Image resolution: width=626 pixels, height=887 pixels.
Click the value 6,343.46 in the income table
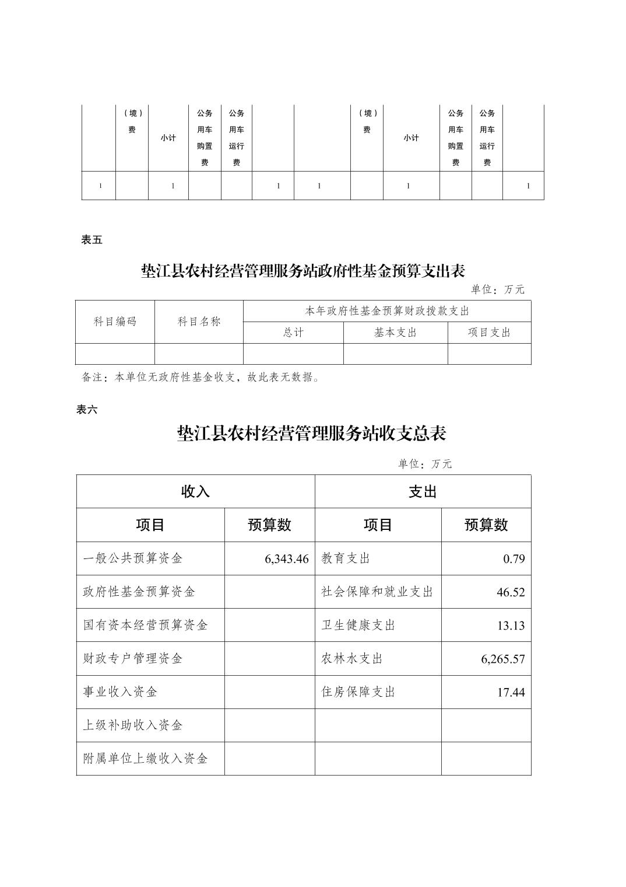286,558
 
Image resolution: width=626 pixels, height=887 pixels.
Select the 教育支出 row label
346,558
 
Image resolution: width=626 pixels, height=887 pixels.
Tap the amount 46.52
511,592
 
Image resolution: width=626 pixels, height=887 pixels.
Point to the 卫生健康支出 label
358,625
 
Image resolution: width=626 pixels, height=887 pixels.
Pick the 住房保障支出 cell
358,692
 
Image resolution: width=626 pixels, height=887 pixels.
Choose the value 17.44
511,692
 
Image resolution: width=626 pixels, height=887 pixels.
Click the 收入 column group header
195,491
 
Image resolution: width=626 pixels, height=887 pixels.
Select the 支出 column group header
423,491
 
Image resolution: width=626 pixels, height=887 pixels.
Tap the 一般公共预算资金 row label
133,558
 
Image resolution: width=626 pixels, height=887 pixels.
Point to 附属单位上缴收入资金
146,759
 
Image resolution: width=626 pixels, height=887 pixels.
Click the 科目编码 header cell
115,322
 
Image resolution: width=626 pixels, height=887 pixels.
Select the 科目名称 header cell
199,322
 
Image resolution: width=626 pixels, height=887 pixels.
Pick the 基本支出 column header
395,333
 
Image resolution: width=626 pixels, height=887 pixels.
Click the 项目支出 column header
489,333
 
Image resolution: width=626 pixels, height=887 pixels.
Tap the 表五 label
92,240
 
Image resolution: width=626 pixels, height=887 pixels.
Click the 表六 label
87,410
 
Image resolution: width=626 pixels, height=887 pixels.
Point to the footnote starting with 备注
200,378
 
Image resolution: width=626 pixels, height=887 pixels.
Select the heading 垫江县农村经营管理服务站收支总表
312,434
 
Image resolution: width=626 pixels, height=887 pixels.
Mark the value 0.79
514,558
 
